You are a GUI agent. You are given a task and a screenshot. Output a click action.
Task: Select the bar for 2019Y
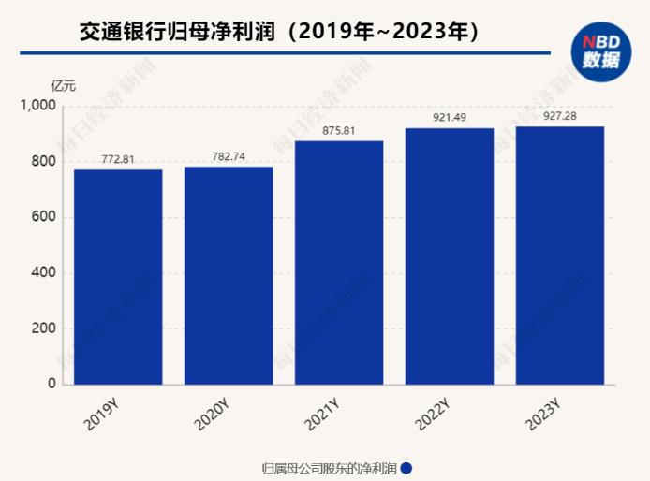(x=118, y=277)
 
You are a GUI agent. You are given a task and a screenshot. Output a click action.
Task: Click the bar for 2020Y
(x=229, y=276)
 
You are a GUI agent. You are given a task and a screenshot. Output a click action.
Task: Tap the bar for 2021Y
(x=339, y=263)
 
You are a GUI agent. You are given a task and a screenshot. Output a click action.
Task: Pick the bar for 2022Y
(x=450, y=256)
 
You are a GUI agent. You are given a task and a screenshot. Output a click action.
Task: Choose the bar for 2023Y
(x=560, y=255)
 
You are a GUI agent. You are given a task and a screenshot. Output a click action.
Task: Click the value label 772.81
(x=118, y=160)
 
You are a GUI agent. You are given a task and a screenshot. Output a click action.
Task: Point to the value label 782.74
(x=229, y=157)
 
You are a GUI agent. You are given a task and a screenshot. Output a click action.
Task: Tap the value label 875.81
(x=339, y=131)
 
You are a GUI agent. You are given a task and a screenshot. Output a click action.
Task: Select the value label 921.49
(x=450, y=118)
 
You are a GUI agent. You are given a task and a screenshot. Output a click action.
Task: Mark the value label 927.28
(x=560, y=117)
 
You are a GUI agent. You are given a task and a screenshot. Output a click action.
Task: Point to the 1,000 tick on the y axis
(x=37, y=106)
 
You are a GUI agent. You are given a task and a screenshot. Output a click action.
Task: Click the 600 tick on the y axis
(x=44, y=217)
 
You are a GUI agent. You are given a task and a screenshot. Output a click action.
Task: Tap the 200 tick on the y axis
(x=44, y=329)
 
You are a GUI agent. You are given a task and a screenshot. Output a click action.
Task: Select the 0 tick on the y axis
(x=52, y=385)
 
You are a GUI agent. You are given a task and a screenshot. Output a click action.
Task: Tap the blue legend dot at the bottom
(x=407, y=469)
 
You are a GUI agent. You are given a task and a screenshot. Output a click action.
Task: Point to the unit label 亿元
(x=63, y=86)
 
